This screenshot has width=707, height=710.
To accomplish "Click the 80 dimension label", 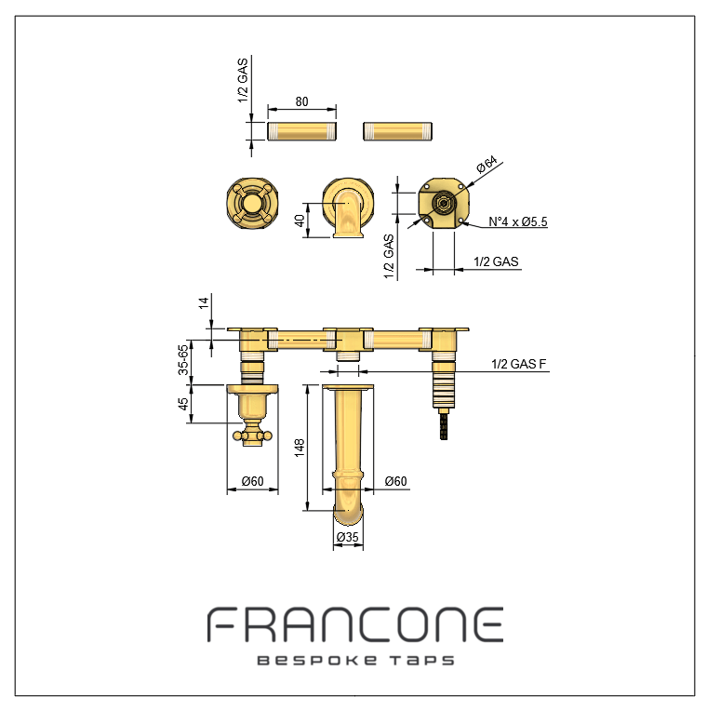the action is tap(302, 101).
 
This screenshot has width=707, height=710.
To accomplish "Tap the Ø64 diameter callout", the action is tap(487, 165).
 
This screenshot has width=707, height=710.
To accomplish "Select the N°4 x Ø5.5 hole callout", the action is tap(518, 221).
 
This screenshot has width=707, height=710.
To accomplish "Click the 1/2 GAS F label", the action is tap(519, 364).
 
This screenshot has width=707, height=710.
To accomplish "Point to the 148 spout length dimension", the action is tap(300, 448).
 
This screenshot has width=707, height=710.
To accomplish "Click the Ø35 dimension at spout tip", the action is tap(348, 537).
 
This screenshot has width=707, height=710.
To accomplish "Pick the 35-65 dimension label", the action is tap(183, 360).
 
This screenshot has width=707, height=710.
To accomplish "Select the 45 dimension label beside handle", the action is tap(183, 404).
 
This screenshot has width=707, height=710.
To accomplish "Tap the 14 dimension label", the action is tap(204, 303).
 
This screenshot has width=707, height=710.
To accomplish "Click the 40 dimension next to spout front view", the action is tap(300, 221).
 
